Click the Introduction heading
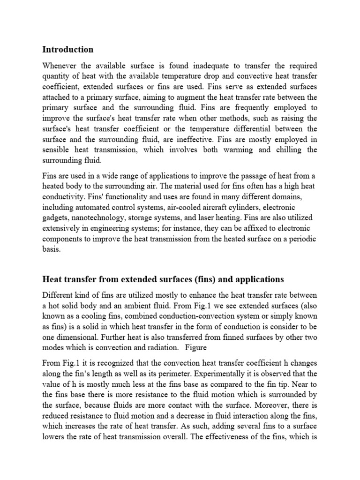[x=68, y=49]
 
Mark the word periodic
[x=302, y=239]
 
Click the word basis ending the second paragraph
[x=51, y=250]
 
